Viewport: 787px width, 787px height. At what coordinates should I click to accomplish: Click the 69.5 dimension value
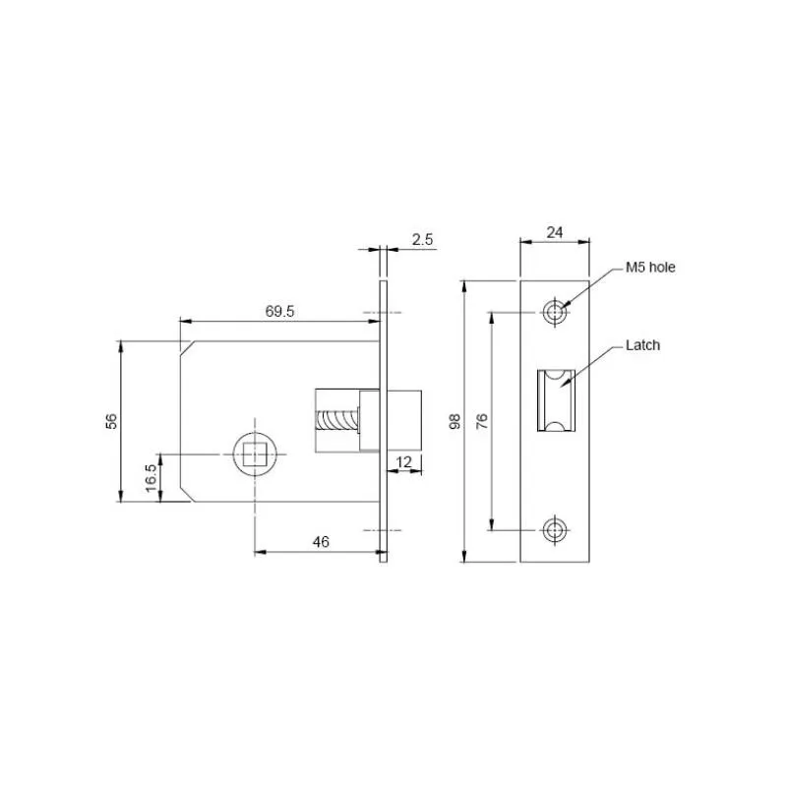tap(280, 311)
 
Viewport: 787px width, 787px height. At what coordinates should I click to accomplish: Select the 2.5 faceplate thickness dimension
tap(423, 239)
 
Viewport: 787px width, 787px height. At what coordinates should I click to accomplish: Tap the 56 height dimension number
tap(111, 421)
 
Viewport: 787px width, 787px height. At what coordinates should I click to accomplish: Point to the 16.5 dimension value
tap(150, 477)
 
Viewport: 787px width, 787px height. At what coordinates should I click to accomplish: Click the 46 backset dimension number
tap(321, 541)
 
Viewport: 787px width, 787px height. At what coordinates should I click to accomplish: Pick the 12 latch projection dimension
tap(404, 461)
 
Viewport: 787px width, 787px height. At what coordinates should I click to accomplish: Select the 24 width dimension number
tap(555, 232)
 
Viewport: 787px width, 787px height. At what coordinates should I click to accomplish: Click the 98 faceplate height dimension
tap(454, 421)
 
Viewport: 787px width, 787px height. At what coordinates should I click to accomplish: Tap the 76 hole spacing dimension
tap(482, 421)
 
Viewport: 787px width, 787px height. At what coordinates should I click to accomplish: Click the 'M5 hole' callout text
tap(650, 267)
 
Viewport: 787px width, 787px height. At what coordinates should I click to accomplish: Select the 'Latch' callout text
tap(642, 345)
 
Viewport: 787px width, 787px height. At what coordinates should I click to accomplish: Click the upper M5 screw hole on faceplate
tap(556, 313)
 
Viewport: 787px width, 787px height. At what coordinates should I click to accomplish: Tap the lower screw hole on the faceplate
tap(556, 530)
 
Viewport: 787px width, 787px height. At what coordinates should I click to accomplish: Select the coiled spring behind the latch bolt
tap(336, 420)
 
